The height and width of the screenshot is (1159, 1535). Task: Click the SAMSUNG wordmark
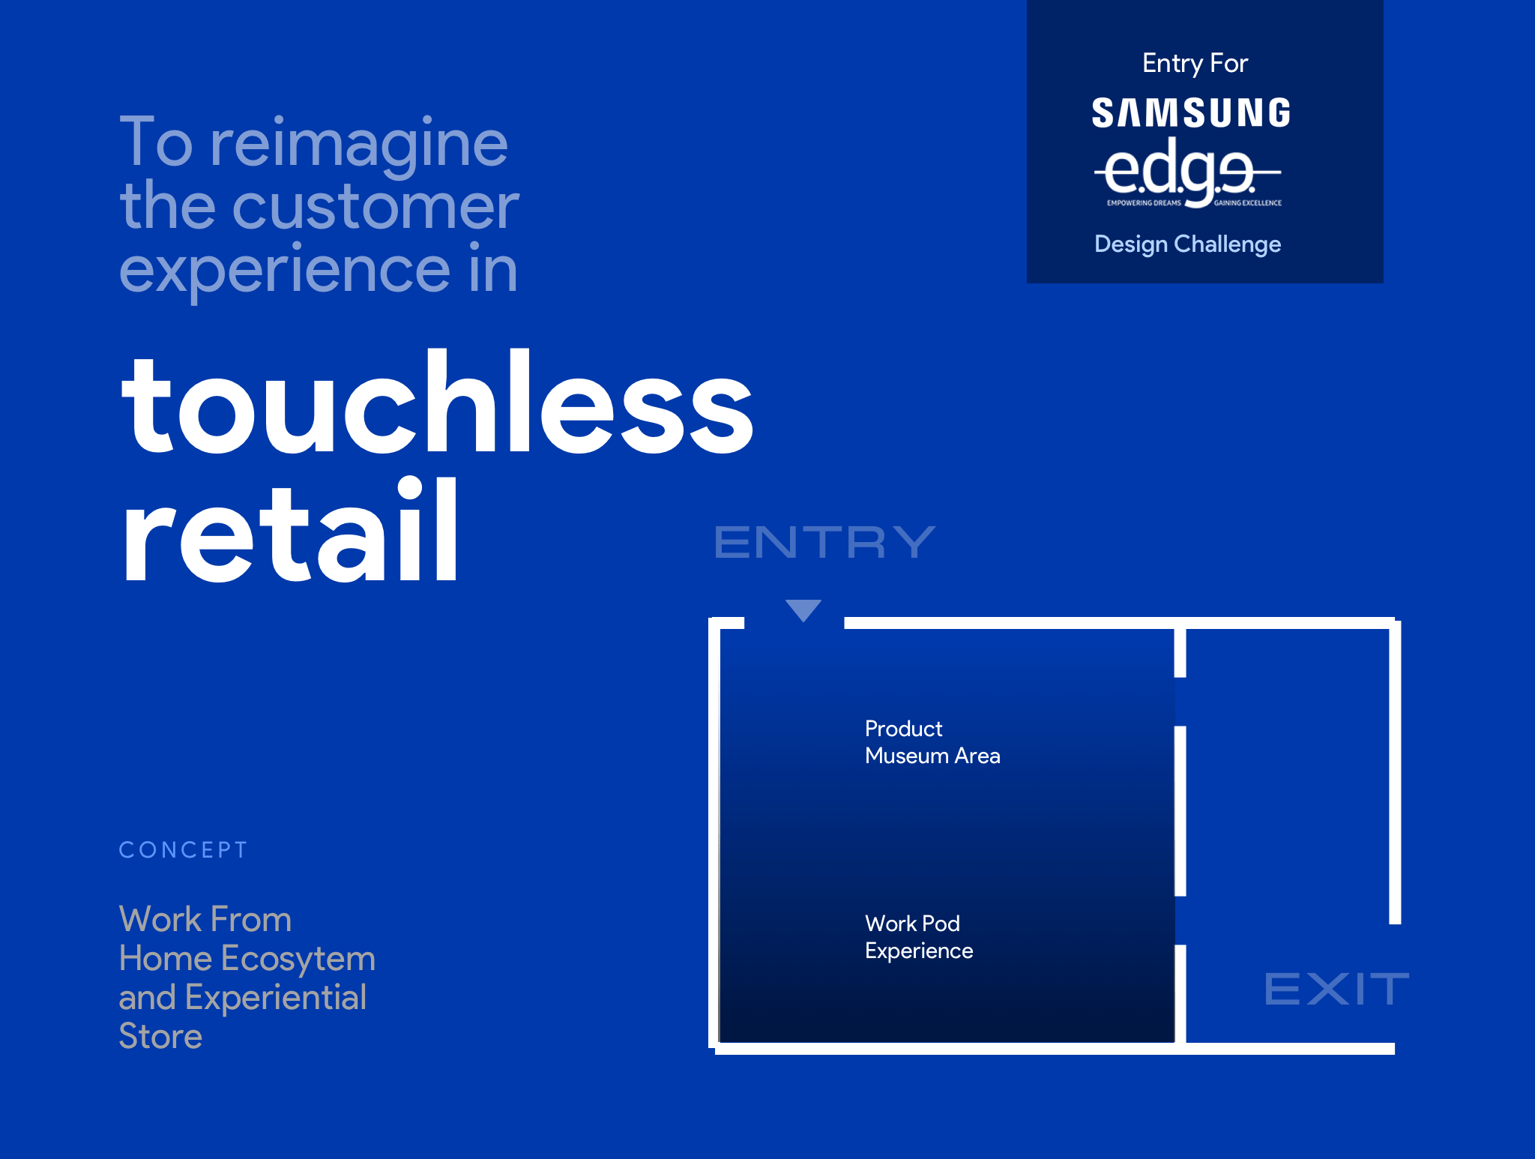[1191, 113]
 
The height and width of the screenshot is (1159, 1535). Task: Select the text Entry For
[1195, 64]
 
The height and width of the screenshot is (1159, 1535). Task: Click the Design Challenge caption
[1187, 244]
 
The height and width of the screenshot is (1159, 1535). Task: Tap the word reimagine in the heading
[359, 145]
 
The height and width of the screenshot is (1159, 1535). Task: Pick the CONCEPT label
[183, 850]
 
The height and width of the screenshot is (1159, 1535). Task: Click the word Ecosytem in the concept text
[298, 960]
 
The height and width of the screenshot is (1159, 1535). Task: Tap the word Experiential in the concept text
[276, 999]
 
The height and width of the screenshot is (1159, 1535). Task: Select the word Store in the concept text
[160, 1037]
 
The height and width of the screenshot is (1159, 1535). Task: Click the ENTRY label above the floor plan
[824, 542]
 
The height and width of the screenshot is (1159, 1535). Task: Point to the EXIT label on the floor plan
[1337, 989]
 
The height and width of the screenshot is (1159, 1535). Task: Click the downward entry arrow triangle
[803, 609]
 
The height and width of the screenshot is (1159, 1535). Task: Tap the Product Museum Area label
[932, 742]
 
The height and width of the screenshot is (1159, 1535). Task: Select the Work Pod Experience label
[919, 937]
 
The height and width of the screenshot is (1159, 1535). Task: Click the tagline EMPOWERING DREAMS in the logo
[1144, 203]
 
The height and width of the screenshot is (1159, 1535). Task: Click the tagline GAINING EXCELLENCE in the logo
[1248, 203]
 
